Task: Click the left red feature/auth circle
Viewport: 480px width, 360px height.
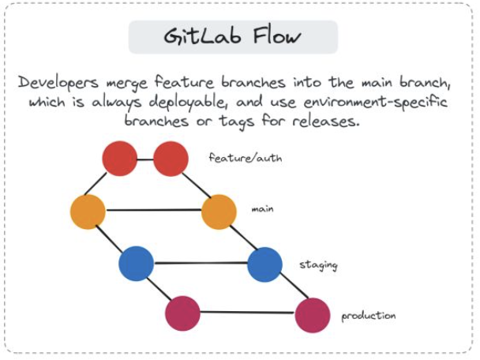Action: [x=120, y=158]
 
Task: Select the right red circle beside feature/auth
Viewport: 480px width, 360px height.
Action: [x=171, y=159]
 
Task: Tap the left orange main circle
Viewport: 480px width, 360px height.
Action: [x=88, y=211]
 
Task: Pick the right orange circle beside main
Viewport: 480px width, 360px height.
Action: [x=219, y=212]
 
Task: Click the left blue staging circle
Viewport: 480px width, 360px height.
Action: [x=137, y=264]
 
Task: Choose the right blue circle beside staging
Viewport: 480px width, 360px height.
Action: [x=264, y=264]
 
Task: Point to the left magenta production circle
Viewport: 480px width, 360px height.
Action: [x=182, y=313]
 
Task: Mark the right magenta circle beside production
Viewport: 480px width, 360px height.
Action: [x=313, y=314]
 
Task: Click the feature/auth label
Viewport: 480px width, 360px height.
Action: [x=246, y=158]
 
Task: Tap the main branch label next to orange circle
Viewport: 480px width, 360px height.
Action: [x=262, y=209]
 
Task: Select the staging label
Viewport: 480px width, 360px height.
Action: [x=318, y=264]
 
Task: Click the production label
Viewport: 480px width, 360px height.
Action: [x=368, y=317]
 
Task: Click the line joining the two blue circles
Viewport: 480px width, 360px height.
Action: [x=201, y=264]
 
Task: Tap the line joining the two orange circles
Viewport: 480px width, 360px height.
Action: [x=153, y=211]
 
